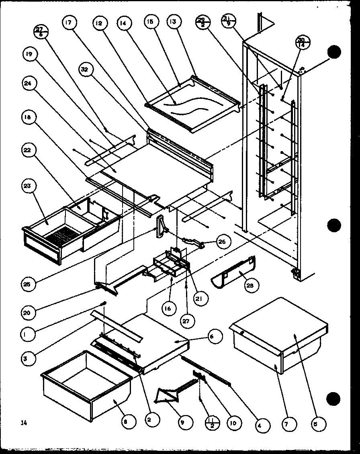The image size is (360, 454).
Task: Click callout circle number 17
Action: pyautogui.click(x=68, y=23)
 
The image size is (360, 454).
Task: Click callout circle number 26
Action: pyautogui.click(x=222, y=242)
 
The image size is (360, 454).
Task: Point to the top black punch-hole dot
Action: pyautogui.click(x=334, y=51)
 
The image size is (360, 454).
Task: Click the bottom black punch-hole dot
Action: pyautogui.click(x=334, y=399)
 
